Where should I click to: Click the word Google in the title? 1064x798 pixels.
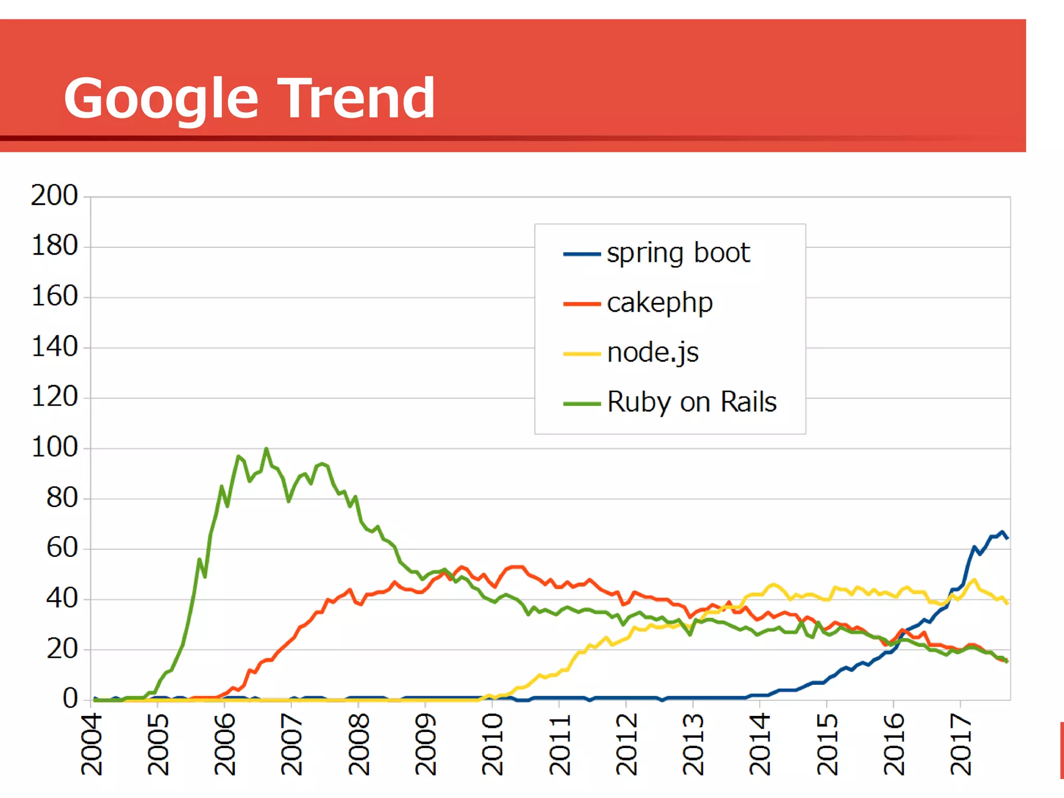161,99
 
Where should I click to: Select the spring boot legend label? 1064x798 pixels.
678,254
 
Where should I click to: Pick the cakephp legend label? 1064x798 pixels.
659,303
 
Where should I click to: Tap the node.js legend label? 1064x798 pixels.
653,353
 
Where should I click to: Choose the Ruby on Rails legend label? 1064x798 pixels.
691,402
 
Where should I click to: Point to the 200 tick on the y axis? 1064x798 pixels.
54,196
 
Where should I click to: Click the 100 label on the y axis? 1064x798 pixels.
54,448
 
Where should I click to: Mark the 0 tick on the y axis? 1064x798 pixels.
70,699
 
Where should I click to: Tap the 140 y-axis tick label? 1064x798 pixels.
54,347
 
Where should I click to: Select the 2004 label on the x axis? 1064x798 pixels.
92,744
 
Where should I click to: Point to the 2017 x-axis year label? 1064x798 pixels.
961,744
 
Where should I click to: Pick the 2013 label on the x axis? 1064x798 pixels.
693,744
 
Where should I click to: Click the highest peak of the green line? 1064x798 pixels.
267,448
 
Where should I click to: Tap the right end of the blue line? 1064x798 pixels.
1007,538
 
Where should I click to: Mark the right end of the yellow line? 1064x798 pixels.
1007,603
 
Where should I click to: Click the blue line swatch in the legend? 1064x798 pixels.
582,254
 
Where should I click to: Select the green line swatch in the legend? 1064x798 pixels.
582,404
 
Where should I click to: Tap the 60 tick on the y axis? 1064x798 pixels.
62,548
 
